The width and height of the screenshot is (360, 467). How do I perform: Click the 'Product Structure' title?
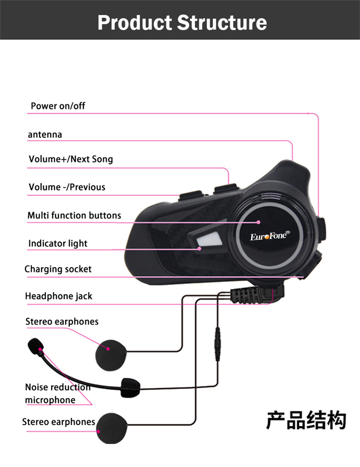182,22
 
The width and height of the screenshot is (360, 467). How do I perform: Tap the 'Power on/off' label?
58,106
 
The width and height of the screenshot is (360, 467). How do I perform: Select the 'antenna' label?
45,135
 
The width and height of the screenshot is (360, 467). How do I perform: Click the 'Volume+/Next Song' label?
71,159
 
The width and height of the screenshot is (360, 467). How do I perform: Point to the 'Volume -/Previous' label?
67,187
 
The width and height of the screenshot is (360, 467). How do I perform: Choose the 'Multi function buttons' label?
74,215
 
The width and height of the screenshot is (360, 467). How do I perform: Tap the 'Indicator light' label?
58,243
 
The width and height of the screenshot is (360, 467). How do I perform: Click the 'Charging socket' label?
58,269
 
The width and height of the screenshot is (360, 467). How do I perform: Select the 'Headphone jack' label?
59,296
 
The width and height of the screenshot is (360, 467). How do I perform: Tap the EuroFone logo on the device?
269,236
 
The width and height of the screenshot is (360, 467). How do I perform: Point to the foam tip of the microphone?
35,346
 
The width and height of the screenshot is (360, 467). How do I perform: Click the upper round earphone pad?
111,355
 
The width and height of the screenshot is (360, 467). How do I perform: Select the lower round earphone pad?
112,428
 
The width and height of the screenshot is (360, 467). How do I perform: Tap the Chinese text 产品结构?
306,420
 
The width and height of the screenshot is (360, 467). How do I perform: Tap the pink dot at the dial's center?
258,222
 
